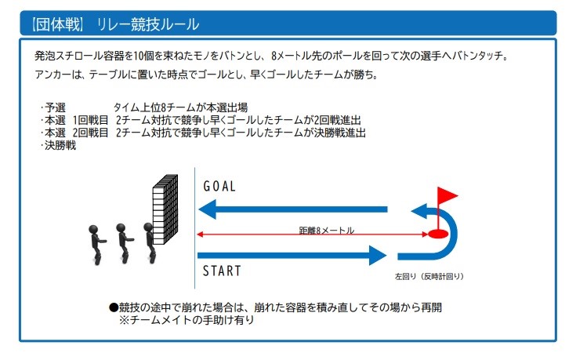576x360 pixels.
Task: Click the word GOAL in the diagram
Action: click(x=219, y=186)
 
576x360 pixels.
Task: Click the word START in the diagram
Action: click(x=222, y=271)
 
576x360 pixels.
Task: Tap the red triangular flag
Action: click(x=447, y=195)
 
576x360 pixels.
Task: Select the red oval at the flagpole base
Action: click(x=438, y=234)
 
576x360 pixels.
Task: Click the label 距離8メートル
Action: click(x=327, y=230)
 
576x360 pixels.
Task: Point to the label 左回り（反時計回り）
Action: click(x=429, y=276)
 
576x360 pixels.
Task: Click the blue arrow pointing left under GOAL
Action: click(x=293, y=209)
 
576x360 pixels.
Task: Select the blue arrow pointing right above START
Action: click(x=292, y=255)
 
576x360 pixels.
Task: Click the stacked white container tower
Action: click(x=165, y=209)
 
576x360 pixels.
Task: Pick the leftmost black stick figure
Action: click(x=96, y=245)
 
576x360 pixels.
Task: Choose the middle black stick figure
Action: click(x=124, y=243)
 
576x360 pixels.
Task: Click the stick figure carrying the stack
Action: click(x=150, y=242)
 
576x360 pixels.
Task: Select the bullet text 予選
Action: click(x=55, y=107)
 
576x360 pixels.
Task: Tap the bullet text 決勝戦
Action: click(x=60, y=145)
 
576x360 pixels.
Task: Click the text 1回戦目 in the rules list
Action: click(x=90, y=120)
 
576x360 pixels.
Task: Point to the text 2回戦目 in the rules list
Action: click(x=90, y=133)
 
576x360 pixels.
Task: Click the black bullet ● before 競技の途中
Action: click(x=114, y=307)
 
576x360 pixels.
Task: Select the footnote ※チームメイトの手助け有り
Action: click(x=187, y=319)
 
